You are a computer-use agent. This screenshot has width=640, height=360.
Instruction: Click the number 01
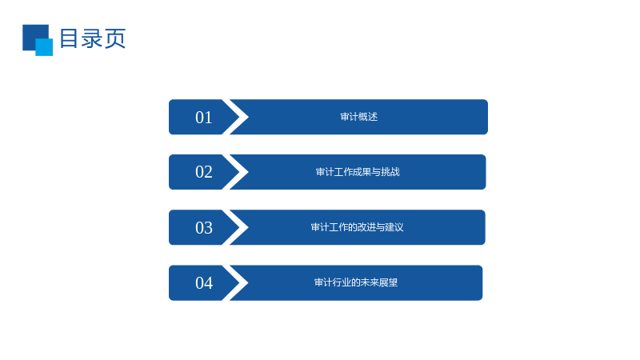click(204, 118)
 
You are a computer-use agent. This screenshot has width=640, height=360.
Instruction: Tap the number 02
click(204, 172)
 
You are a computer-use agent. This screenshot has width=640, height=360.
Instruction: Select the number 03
click(204, 228)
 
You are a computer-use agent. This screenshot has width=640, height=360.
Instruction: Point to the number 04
click(204, 283)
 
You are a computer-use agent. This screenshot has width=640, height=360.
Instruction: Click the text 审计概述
click(358, 117)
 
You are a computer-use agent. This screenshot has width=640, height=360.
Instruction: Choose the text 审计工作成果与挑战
click(358, 172)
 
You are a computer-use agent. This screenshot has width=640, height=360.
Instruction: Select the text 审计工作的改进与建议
click(357, 227)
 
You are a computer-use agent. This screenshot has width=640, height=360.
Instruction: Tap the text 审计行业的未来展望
click(356, 282)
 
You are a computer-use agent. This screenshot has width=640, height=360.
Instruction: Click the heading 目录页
click(93, 38)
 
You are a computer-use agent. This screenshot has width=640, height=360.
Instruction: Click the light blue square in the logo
click(44, 47)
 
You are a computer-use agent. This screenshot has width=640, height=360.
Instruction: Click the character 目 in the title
click(69, 38)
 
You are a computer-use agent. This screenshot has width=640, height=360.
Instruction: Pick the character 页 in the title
click(115, 38)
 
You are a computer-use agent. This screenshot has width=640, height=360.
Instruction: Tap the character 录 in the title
click(92, 38)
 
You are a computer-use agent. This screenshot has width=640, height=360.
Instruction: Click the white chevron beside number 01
click(236, 117)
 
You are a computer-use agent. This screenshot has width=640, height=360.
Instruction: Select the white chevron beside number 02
click(236, 172)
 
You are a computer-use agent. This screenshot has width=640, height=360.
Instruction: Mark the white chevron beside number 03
click(236, 227)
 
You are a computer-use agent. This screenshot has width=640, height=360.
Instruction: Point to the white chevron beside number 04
click(236, 283)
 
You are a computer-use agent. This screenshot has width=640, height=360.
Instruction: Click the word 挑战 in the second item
click(390, 172)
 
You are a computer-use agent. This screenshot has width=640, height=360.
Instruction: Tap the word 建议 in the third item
click(394, 227)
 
